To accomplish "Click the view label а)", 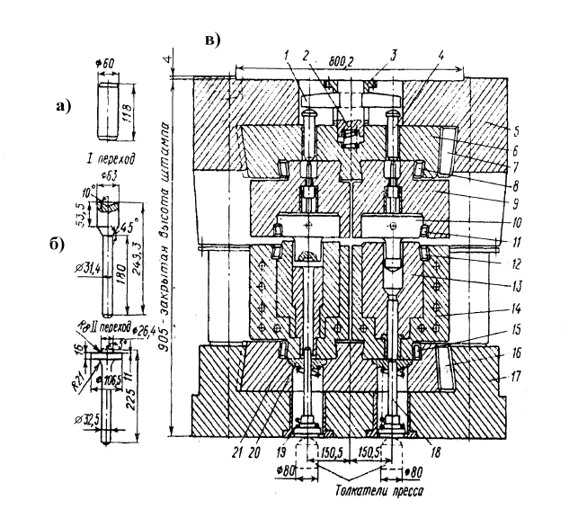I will (62, 107).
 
